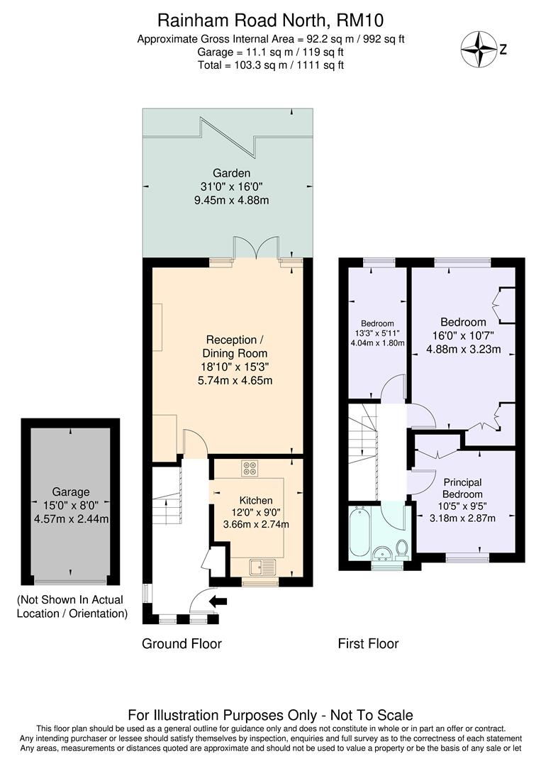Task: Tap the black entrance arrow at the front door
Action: click(219, 601)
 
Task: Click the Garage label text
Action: click(70, 492)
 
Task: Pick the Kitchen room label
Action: click(256, 500)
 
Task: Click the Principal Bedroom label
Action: click(462, 488)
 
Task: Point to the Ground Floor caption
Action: click(182, 644)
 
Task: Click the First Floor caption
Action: click(368, 644)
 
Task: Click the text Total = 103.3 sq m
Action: click(270, 65)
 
